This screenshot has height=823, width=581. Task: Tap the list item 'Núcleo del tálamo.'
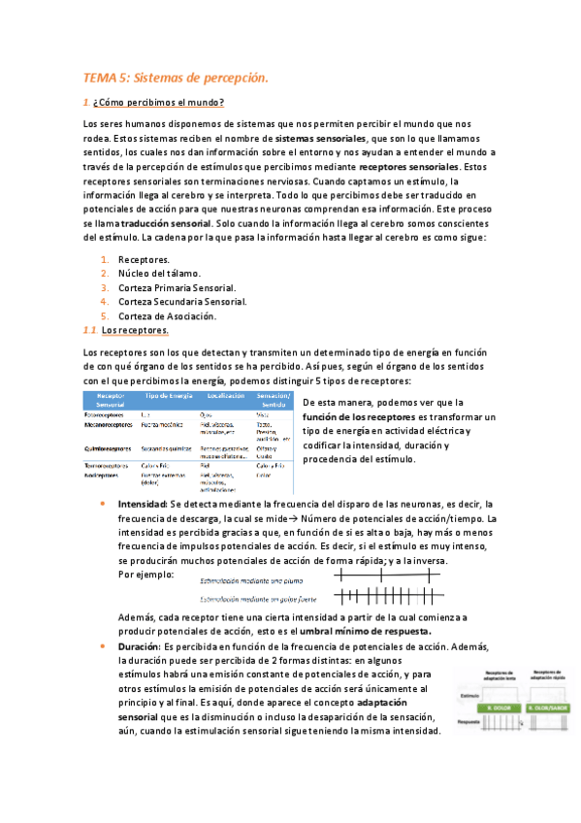pyautogui.click(x=159, y=274)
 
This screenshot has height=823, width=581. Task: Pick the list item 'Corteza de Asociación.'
pyautogui.click(x=167, y=315)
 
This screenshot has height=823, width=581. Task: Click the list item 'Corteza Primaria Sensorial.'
pyautogui.click(x=178, y=288)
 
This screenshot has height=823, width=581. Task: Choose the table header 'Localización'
pyautogui.click(x=225, y=397)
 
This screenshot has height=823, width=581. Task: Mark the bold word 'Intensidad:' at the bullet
pyautogui.click(x=143, y=505)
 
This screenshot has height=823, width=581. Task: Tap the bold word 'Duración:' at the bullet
pyautogui.click(x=139, y=646)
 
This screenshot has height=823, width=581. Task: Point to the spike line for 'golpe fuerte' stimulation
pyautogui.click(x=389, y=596)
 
